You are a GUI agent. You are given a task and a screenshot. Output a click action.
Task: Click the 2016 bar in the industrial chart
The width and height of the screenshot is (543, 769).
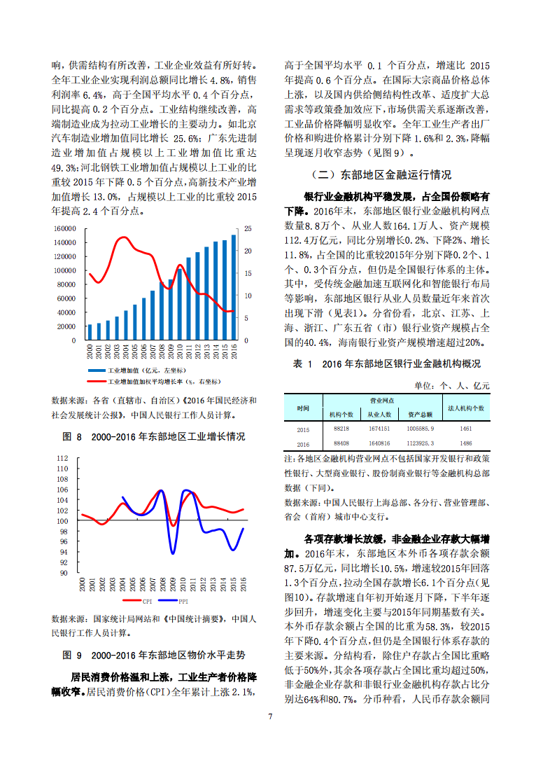point(234,287)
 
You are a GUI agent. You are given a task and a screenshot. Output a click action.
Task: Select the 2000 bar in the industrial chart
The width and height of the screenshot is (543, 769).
point(90,332)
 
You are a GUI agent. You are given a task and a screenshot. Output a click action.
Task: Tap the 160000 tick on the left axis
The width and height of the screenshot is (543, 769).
point(65,228)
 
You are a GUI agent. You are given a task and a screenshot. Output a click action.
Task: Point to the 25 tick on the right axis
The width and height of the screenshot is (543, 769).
point(248,228)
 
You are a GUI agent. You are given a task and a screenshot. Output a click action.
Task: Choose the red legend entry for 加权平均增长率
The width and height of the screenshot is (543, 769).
point(154,382)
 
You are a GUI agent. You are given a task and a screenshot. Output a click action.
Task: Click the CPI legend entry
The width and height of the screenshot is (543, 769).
point(138,602)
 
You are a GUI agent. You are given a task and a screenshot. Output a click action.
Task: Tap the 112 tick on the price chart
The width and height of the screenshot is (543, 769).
point(63,458)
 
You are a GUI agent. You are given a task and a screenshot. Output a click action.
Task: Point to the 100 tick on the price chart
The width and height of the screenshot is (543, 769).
point(63,521)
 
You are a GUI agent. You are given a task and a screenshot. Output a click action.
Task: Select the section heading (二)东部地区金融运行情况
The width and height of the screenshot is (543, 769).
point(381,174)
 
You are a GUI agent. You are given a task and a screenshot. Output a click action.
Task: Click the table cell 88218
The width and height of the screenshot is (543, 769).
point(341,429)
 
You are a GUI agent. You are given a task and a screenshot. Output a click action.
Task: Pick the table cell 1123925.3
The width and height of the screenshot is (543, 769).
point(421,443)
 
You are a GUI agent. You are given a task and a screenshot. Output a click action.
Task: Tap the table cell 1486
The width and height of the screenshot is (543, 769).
point(466,443)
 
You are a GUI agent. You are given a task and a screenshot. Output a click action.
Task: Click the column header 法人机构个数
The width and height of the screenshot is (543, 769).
point(466,408)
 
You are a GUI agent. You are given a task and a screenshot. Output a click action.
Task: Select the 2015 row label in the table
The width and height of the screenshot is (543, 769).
point(303,430)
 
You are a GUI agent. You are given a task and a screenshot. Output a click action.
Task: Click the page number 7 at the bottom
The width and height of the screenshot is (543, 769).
point(271,716)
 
